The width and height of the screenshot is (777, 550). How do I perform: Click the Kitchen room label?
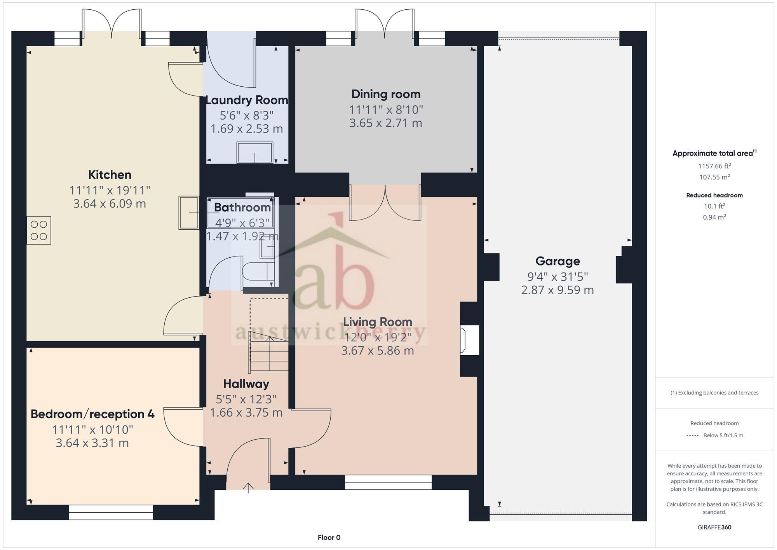click(110, 175)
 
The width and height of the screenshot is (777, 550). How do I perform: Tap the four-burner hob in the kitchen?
click(39, 230)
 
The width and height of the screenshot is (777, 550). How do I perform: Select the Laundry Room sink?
click(255, 153)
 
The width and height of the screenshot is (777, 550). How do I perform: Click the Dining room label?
click(386, 94)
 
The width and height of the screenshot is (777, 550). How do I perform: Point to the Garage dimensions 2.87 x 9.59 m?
click(557, 290)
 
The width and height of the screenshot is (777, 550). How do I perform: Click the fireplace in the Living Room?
click(469, 340)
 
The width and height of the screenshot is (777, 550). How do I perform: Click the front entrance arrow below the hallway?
click(248, 487)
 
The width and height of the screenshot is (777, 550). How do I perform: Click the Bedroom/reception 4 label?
click(92, 414)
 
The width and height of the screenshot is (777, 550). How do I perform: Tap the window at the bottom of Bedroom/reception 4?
click(111, 512)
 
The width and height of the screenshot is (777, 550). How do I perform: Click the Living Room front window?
click(388, 482)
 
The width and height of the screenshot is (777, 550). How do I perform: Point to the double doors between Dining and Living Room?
click(385, 203)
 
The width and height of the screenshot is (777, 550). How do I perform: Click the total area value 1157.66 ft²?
click(714, 166)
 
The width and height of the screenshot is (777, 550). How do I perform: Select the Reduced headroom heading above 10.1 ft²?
click(714, 196)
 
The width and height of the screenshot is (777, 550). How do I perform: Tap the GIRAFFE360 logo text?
click(714, 527)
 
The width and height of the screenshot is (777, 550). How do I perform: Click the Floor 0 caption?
click(329, 538)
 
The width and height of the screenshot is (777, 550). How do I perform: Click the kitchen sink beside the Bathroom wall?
click(188, 213)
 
